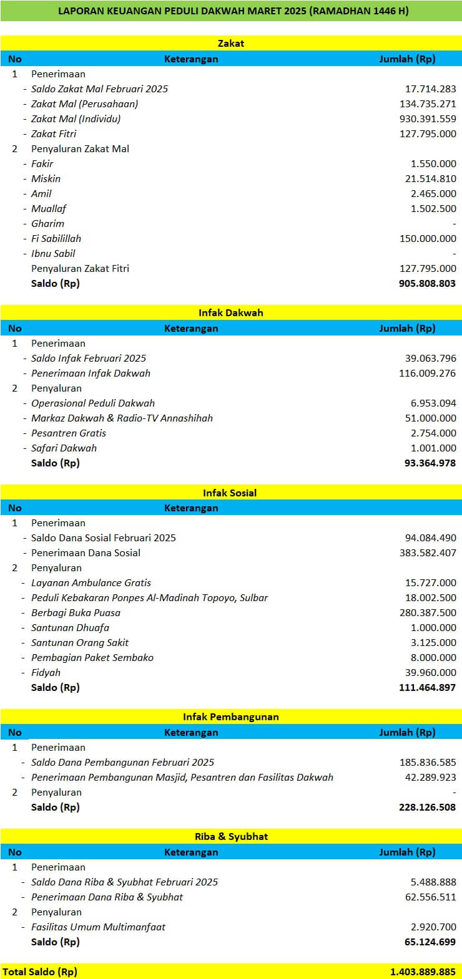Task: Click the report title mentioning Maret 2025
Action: pyautogui.click(x=233, y=11)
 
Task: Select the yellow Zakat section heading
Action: pyautogui.click(x=230, y=43)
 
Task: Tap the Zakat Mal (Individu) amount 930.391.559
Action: pyautogui.click(x=428, y=118)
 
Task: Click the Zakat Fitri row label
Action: pyautogui.click(x=54, y=133)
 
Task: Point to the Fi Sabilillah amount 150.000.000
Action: pyautogui.click(x=428, y=238)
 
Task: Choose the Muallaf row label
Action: pyautogui.click(x=49, y=208)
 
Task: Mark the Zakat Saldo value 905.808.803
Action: pyautogui.click(x=427, y=283)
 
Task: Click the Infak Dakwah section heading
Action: pyautogui.click(x=230, y=312)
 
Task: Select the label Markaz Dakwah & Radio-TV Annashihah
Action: pyautogui.click(x=122, y=418)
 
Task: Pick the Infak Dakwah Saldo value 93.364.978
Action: pyautogui.click(x=430, y=463)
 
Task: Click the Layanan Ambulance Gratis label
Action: pyautogui.click(x=91, y=582)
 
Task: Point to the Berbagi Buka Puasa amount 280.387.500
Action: pyautogui.click(x=428, y=612)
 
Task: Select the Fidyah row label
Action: pyautogui.click(x=46, y=672)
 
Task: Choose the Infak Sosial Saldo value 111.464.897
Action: pyautogui.click(x=427, y=687)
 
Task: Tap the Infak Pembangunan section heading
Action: pyautogui.click(x=230, y=716)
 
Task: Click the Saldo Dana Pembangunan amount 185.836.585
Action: pyautogui.click(x=428, y=762)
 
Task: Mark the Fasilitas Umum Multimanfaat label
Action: pyautogui.click(x=98, y=927)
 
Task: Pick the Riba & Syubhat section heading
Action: pyautogui.click(x=230, y=836)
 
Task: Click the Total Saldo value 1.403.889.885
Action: pyautogui.click(x=423, y=972)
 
